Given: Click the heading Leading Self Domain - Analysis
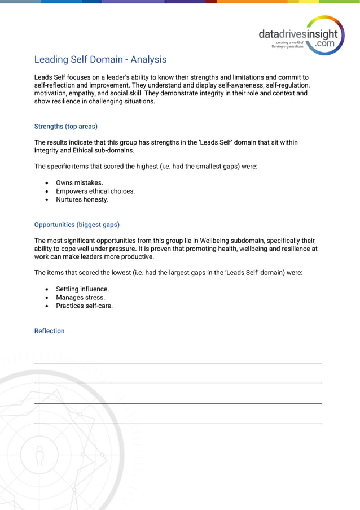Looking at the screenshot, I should pyautogui.click(x=100, y=59).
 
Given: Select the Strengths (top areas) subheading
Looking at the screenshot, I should pyautogui.click(x=65, y=127).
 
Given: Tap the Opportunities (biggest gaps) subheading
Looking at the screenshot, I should pyautogui.click(x=77, y=224).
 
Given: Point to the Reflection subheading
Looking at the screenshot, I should pyautogui.click(x=49, y=331).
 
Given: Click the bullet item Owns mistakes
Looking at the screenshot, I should pyautogui.click(x=79, y=183).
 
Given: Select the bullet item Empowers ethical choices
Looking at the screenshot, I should pyautogui.click(x=95, y=191).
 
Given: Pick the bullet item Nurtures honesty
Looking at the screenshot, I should pyautogui.click(x=82, y=199).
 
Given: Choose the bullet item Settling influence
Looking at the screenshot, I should pyautogui.click(x=82, y=289).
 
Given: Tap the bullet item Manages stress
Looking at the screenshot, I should pyautogui.click(x=80, y=298).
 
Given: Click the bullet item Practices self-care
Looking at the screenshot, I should pyautogui.click(x=84, y=306).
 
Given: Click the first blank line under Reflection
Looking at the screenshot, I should pyautogui.click(x=178, y=362).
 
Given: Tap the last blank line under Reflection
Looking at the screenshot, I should pyautogui.click(x=178, y=422).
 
